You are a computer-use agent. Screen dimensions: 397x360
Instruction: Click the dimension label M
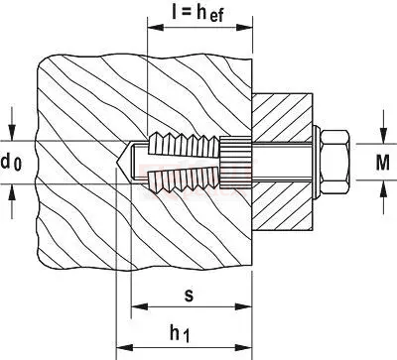coord(383,163)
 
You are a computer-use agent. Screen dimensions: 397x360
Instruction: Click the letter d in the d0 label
coord(6,162)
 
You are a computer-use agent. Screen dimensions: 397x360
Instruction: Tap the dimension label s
coord(189,296)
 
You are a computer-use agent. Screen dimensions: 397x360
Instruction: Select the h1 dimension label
coord(180,333)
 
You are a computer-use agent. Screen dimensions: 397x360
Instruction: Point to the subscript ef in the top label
coord(216,16)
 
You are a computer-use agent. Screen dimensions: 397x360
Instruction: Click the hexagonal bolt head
coord(334,162)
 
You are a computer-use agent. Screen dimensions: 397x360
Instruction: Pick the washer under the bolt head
coord(317,162)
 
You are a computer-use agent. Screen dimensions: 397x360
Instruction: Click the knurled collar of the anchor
coord(235,162)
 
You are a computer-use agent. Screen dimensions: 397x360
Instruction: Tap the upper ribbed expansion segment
coord(184,145)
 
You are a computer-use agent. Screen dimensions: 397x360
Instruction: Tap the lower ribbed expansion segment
coord(184,180)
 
